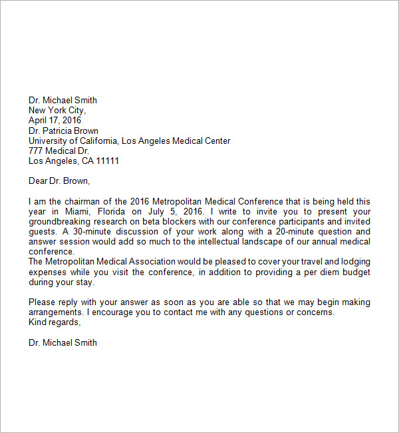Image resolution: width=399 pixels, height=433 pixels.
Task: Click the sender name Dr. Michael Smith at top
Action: pos(63,101)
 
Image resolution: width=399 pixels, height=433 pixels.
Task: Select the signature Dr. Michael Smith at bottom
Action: pos(63,342)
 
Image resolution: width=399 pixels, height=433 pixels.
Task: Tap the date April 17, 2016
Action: pos(55,121)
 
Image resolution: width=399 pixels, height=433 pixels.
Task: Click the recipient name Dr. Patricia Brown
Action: pos(63,131)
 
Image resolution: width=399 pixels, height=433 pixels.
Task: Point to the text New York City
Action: pos(57,111)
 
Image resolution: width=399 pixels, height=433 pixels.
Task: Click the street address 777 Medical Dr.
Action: pos(59,151)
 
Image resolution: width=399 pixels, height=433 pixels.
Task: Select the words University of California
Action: pos(73,141)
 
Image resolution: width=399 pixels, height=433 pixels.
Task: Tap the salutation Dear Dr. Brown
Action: pos(59,181)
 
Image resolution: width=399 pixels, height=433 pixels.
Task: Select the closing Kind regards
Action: pos(55,322)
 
